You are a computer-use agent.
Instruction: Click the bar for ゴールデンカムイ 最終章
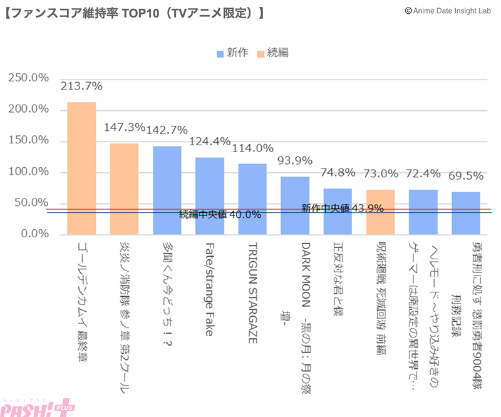tap(81, 168)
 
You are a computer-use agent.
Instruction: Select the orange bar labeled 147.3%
tap(124, 188)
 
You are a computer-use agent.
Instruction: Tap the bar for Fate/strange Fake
tap(210, 195)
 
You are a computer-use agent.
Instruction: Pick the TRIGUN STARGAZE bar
tap(252, 198)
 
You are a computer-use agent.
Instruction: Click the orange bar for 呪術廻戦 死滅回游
tap(380, 211)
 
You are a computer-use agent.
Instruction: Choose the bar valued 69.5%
tap(465, 212)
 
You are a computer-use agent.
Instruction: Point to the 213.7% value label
tap(81, 86)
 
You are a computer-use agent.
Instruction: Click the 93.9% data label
tap(295, 160)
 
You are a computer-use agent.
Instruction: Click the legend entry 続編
tap(272, 53)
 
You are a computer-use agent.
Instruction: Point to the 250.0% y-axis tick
tap(28, 78)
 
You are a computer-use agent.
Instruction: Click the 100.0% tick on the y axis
tap(28, 172)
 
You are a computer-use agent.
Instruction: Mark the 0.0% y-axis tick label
tap(33, 234)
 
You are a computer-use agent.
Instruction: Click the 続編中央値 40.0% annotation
tap(220, 215)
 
